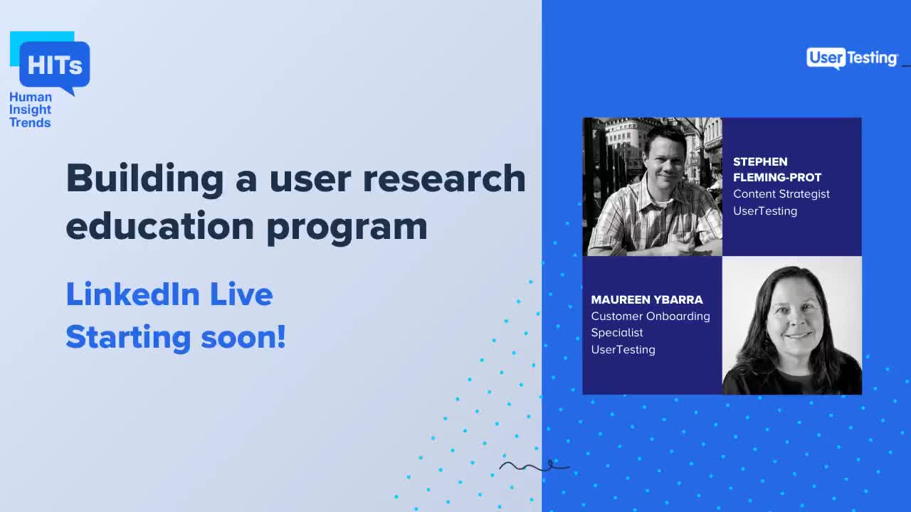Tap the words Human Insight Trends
(x=30, y=110)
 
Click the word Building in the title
(x=144, y=178)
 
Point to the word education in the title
(x=159, y=225)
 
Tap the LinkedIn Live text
(x=169, y=294)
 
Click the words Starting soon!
(x=175, y=336)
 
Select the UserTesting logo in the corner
(x=852, y=58)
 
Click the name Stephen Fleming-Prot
(x=776, y=169)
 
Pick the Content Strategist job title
(x=781, y=193)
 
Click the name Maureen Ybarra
(x=646, y=299)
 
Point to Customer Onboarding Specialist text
(x=650, y=324)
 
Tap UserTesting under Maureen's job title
(x=623, y=349)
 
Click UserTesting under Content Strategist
(x=764, y=210)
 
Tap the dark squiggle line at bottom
(x=534, y=466)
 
